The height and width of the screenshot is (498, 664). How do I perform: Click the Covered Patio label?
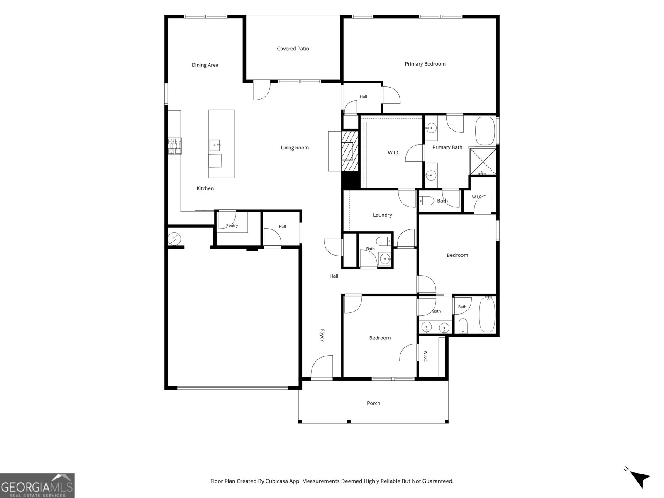pyautogui.click(x=293, y=49)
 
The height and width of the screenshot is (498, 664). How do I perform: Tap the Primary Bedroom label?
pyautogui.click(x=425, y=64)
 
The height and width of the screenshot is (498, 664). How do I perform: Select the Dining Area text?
pyautogui.click(x=205, y=65)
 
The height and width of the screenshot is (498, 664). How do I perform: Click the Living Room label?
pyautogui.click(x=295, y=148)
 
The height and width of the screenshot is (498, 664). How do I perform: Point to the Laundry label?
pyautogui.click(x=382, y=215)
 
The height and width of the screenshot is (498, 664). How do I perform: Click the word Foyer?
pyautogui.click(x=322, y=335)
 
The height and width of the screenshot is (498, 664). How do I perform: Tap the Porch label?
pyautogui.click(x=373, y=403)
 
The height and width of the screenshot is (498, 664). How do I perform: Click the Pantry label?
pyautogui.click(x=232, y=225)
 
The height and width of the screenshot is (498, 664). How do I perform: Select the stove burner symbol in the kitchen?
pyautogui.click(x=175, y=146)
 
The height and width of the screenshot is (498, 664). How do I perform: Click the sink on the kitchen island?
pyautogui.click(x=215, y=145)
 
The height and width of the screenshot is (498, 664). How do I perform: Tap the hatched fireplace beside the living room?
pyautogui.click(x=350, y=151)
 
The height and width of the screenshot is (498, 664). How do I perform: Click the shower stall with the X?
pyautogui.click(x=483, y=162)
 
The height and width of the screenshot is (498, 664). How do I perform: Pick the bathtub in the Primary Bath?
pyautogui.click(x=485, y=131)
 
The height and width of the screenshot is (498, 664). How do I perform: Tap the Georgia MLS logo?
pyautogui.click(x=37, y=486)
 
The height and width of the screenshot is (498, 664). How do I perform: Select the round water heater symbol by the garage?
pyautogui.click(x=174, y=239)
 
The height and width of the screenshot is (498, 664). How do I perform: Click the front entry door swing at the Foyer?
pyautogui.click(x=322, y=366)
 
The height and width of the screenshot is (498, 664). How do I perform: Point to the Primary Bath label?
pyautogui.click(x=447, y=148)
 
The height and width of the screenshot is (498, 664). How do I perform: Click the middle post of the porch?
pyautogui.click(x=349, y=422)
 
